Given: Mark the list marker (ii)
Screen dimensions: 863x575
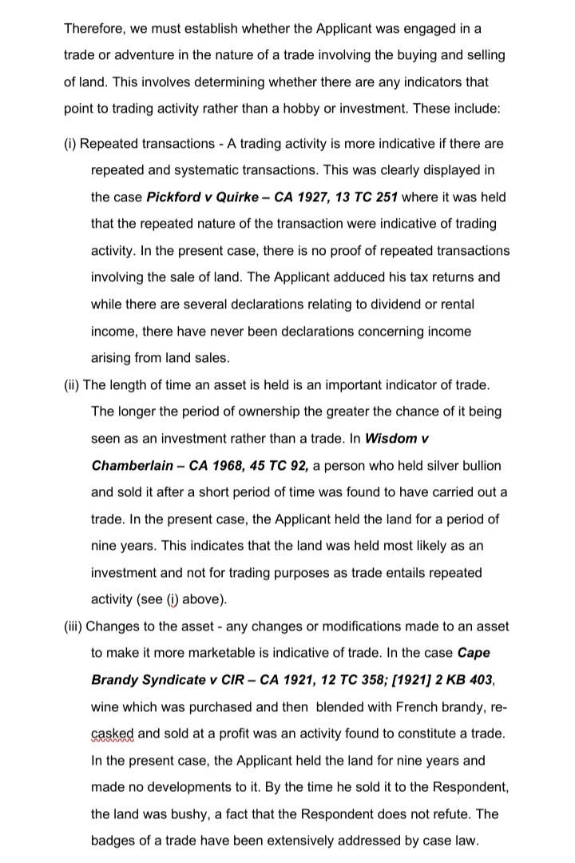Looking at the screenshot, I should tap(72, 385).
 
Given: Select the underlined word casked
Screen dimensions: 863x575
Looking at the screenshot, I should tap(113, 734).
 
